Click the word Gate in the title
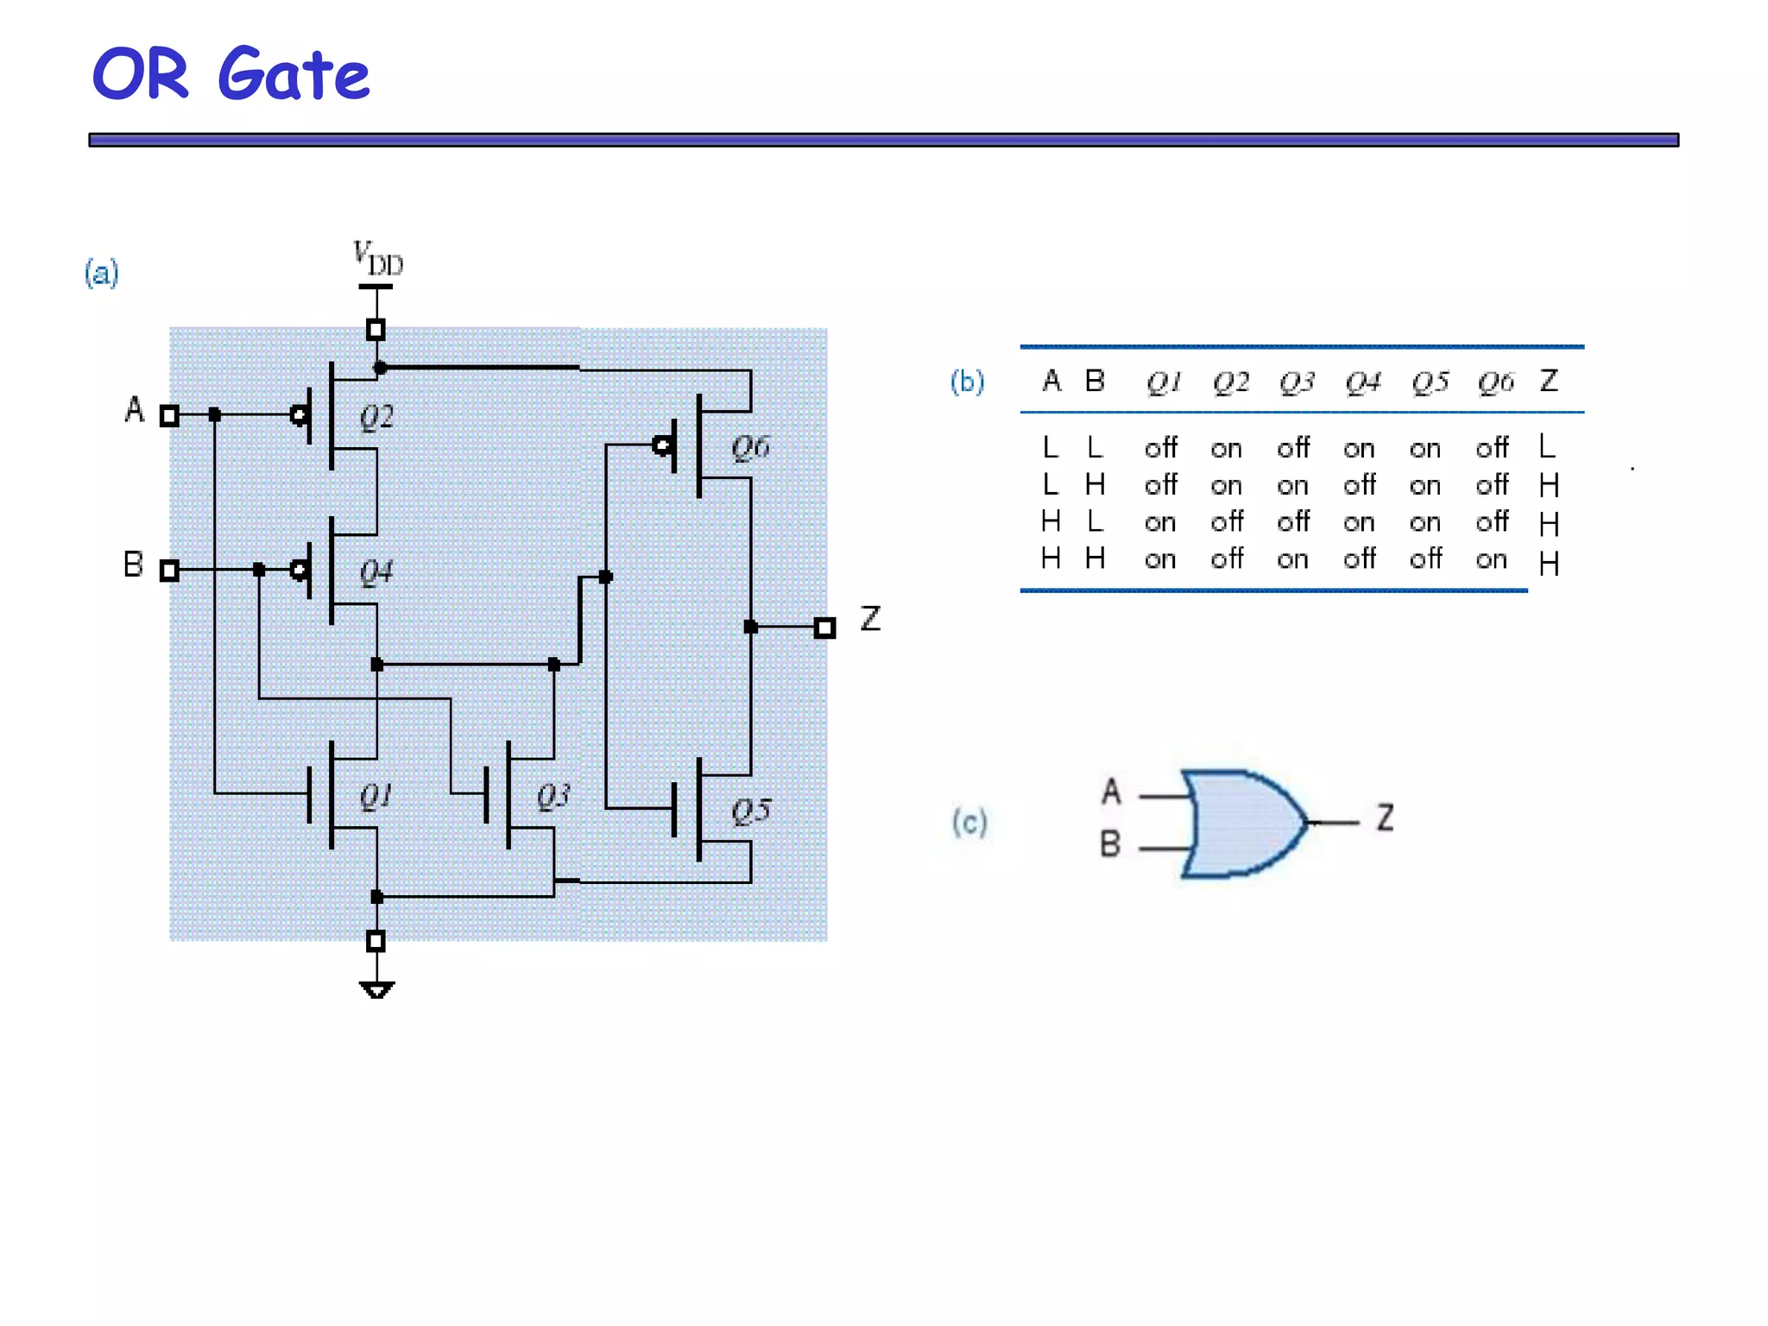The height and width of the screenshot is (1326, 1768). (294, 76)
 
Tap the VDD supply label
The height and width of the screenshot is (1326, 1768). (378, 258)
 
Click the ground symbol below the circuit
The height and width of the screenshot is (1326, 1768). (376, 989)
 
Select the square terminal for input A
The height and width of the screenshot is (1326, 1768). (169, 416)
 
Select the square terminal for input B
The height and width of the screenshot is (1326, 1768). (169, 570)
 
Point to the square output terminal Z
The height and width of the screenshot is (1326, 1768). (824, 628)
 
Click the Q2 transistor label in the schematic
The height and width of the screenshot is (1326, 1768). (376, 418)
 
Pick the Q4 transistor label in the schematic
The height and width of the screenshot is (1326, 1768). (376, 571)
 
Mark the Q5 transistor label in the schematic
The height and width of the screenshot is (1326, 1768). (751, 811)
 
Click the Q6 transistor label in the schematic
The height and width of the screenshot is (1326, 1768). (750, 447)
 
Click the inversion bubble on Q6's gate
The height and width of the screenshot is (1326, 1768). (662, 445)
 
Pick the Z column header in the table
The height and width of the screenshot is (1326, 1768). (1549, 381)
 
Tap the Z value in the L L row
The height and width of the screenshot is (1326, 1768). (1547, 446)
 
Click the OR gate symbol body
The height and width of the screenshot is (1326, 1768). (1244, 824)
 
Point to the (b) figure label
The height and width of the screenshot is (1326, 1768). (967, 382)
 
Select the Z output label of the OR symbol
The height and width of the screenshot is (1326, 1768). (1386, 817)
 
